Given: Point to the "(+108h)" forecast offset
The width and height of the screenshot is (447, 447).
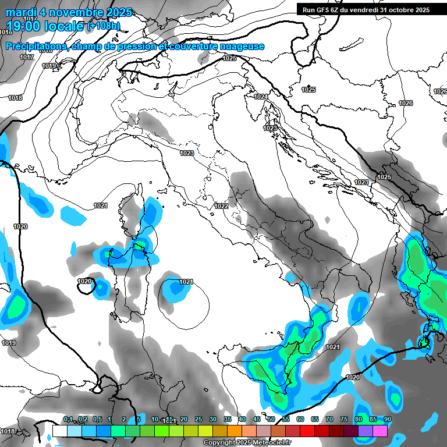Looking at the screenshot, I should [104, 26].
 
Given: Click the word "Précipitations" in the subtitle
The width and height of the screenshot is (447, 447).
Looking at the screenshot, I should [36, 46].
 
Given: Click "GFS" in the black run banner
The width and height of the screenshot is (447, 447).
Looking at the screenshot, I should [326, 10].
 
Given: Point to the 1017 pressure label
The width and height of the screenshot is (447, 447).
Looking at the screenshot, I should [26, 57].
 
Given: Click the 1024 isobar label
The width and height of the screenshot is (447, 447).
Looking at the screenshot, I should [261, 97].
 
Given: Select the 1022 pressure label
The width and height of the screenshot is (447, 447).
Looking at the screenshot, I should [221, 206].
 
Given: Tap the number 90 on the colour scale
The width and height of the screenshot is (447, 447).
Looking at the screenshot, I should [388, 419].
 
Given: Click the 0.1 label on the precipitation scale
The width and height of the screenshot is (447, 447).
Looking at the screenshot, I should [68, 419].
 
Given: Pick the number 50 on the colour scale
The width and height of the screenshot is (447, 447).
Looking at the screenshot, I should [271, 419].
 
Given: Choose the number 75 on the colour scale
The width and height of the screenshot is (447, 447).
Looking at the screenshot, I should [344, 419].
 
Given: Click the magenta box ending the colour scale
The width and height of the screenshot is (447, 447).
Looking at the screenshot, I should [380, 431].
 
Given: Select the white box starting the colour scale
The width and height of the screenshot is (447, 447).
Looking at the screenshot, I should [59, 431].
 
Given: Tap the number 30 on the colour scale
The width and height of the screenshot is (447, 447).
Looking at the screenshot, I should [213, 419].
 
